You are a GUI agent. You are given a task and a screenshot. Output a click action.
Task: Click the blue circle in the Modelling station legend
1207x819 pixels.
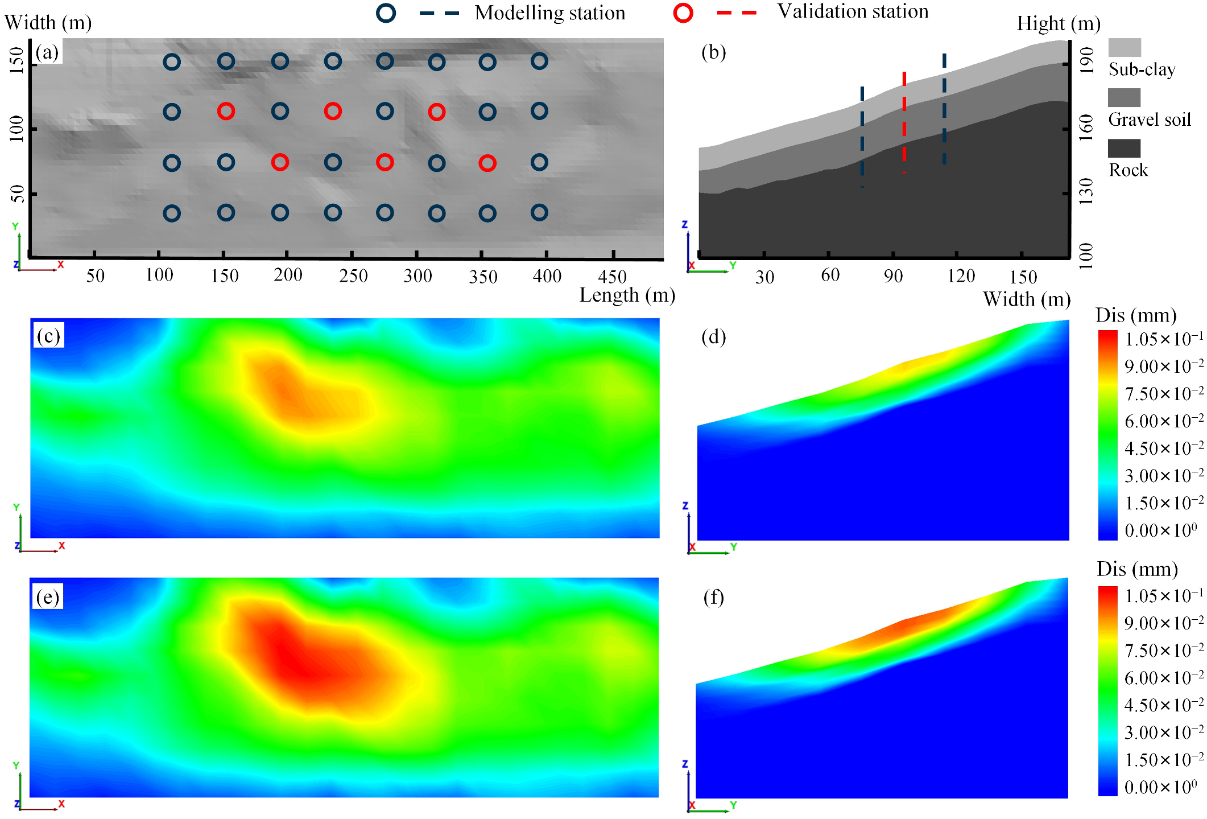(x=386, y=13)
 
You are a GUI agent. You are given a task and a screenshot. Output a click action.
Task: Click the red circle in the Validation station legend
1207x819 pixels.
(x=683, y=13)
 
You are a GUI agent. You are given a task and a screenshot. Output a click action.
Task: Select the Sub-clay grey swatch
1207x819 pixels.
(x=1125, y=47)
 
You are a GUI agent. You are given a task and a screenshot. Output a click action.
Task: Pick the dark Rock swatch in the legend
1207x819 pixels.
(x=1124, y=149)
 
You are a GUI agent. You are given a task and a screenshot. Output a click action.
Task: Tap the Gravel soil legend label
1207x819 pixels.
(x=1150, y=120)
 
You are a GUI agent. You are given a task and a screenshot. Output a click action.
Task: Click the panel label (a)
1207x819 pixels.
(x=47, y=52)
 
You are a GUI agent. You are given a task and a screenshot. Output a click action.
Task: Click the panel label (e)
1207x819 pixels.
(x=48, y=598)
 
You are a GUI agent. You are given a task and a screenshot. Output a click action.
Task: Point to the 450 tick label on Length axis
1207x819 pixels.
(x=612, y=277)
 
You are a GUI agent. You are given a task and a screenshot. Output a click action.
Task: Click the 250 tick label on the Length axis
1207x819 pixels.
(x=353, y=276)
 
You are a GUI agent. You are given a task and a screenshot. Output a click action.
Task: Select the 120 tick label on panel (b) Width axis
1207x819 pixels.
(x=961, y=276)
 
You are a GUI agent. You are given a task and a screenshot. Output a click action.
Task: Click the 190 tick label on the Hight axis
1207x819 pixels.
(x=1086, y=60)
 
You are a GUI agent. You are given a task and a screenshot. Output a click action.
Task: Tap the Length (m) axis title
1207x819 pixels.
(x=627, y=295)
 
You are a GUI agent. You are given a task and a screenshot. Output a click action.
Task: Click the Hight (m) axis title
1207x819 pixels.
(x=1059, y=24)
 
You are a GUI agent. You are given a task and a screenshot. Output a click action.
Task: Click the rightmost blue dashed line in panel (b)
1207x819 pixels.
(x=944, y=108)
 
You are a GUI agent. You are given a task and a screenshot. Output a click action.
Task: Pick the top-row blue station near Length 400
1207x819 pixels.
(x=539, y=61)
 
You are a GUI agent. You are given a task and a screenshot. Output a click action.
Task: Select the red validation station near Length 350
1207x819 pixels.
(x=487, y=163)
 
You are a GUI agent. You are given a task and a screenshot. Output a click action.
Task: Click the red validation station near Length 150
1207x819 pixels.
(x=226, y=111)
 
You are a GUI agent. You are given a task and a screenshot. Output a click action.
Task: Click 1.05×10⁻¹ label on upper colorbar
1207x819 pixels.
(x=1163, y=339)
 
